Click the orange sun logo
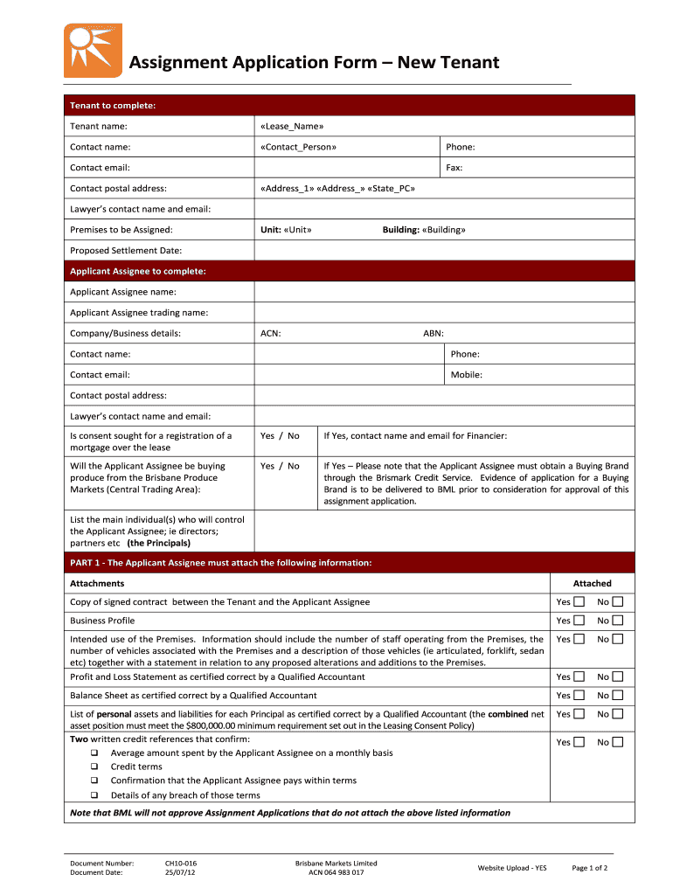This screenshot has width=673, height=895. pos(94,50)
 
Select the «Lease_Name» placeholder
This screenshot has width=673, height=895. pos(292,127)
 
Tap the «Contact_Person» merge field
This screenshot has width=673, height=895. pos(297,147)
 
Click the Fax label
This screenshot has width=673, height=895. pos(454,168)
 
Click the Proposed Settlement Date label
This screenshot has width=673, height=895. pos(126,251)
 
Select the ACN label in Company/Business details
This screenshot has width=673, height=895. pos(270,333)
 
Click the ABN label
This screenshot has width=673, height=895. pos(433,333)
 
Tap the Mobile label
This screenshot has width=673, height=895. pos(466,375)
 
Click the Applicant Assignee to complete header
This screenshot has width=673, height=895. pos(138,271)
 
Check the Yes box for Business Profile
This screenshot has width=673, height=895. pos(579,621)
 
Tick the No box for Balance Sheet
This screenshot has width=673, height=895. pos(618,696)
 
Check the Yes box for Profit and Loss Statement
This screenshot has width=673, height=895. pos(579,677)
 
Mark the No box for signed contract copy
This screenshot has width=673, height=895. pos(618,602)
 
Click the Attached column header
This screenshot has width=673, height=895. pos(592,583)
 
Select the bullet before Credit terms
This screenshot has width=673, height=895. pos(94,767)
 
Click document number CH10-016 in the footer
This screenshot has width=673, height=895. pos(181,863)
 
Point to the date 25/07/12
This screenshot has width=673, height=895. pos(179,872)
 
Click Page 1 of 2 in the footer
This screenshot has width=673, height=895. pos(589,868)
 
